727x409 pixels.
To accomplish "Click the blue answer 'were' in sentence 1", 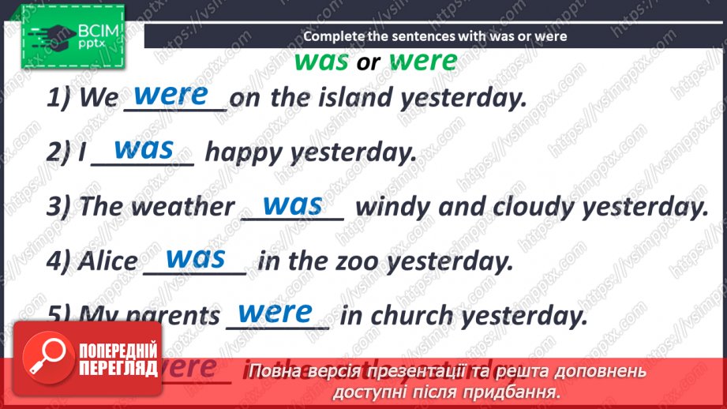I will [171, 95].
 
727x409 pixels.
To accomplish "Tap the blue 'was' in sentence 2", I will [143, 148].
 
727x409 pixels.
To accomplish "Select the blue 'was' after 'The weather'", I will [292, 204].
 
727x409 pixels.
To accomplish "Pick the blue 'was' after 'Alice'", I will [196, 257].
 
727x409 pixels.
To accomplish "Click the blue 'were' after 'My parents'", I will [275, 312].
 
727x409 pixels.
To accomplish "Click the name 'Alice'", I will [107, 261].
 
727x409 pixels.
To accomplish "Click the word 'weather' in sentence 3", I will [182, 207].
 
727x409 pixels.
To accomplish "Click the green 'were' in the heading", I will [423, 61].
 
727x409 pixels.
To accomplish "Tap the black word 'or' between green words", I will [369, 63].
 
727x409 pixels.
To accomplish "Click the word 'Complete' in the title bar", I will [332, 36].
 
